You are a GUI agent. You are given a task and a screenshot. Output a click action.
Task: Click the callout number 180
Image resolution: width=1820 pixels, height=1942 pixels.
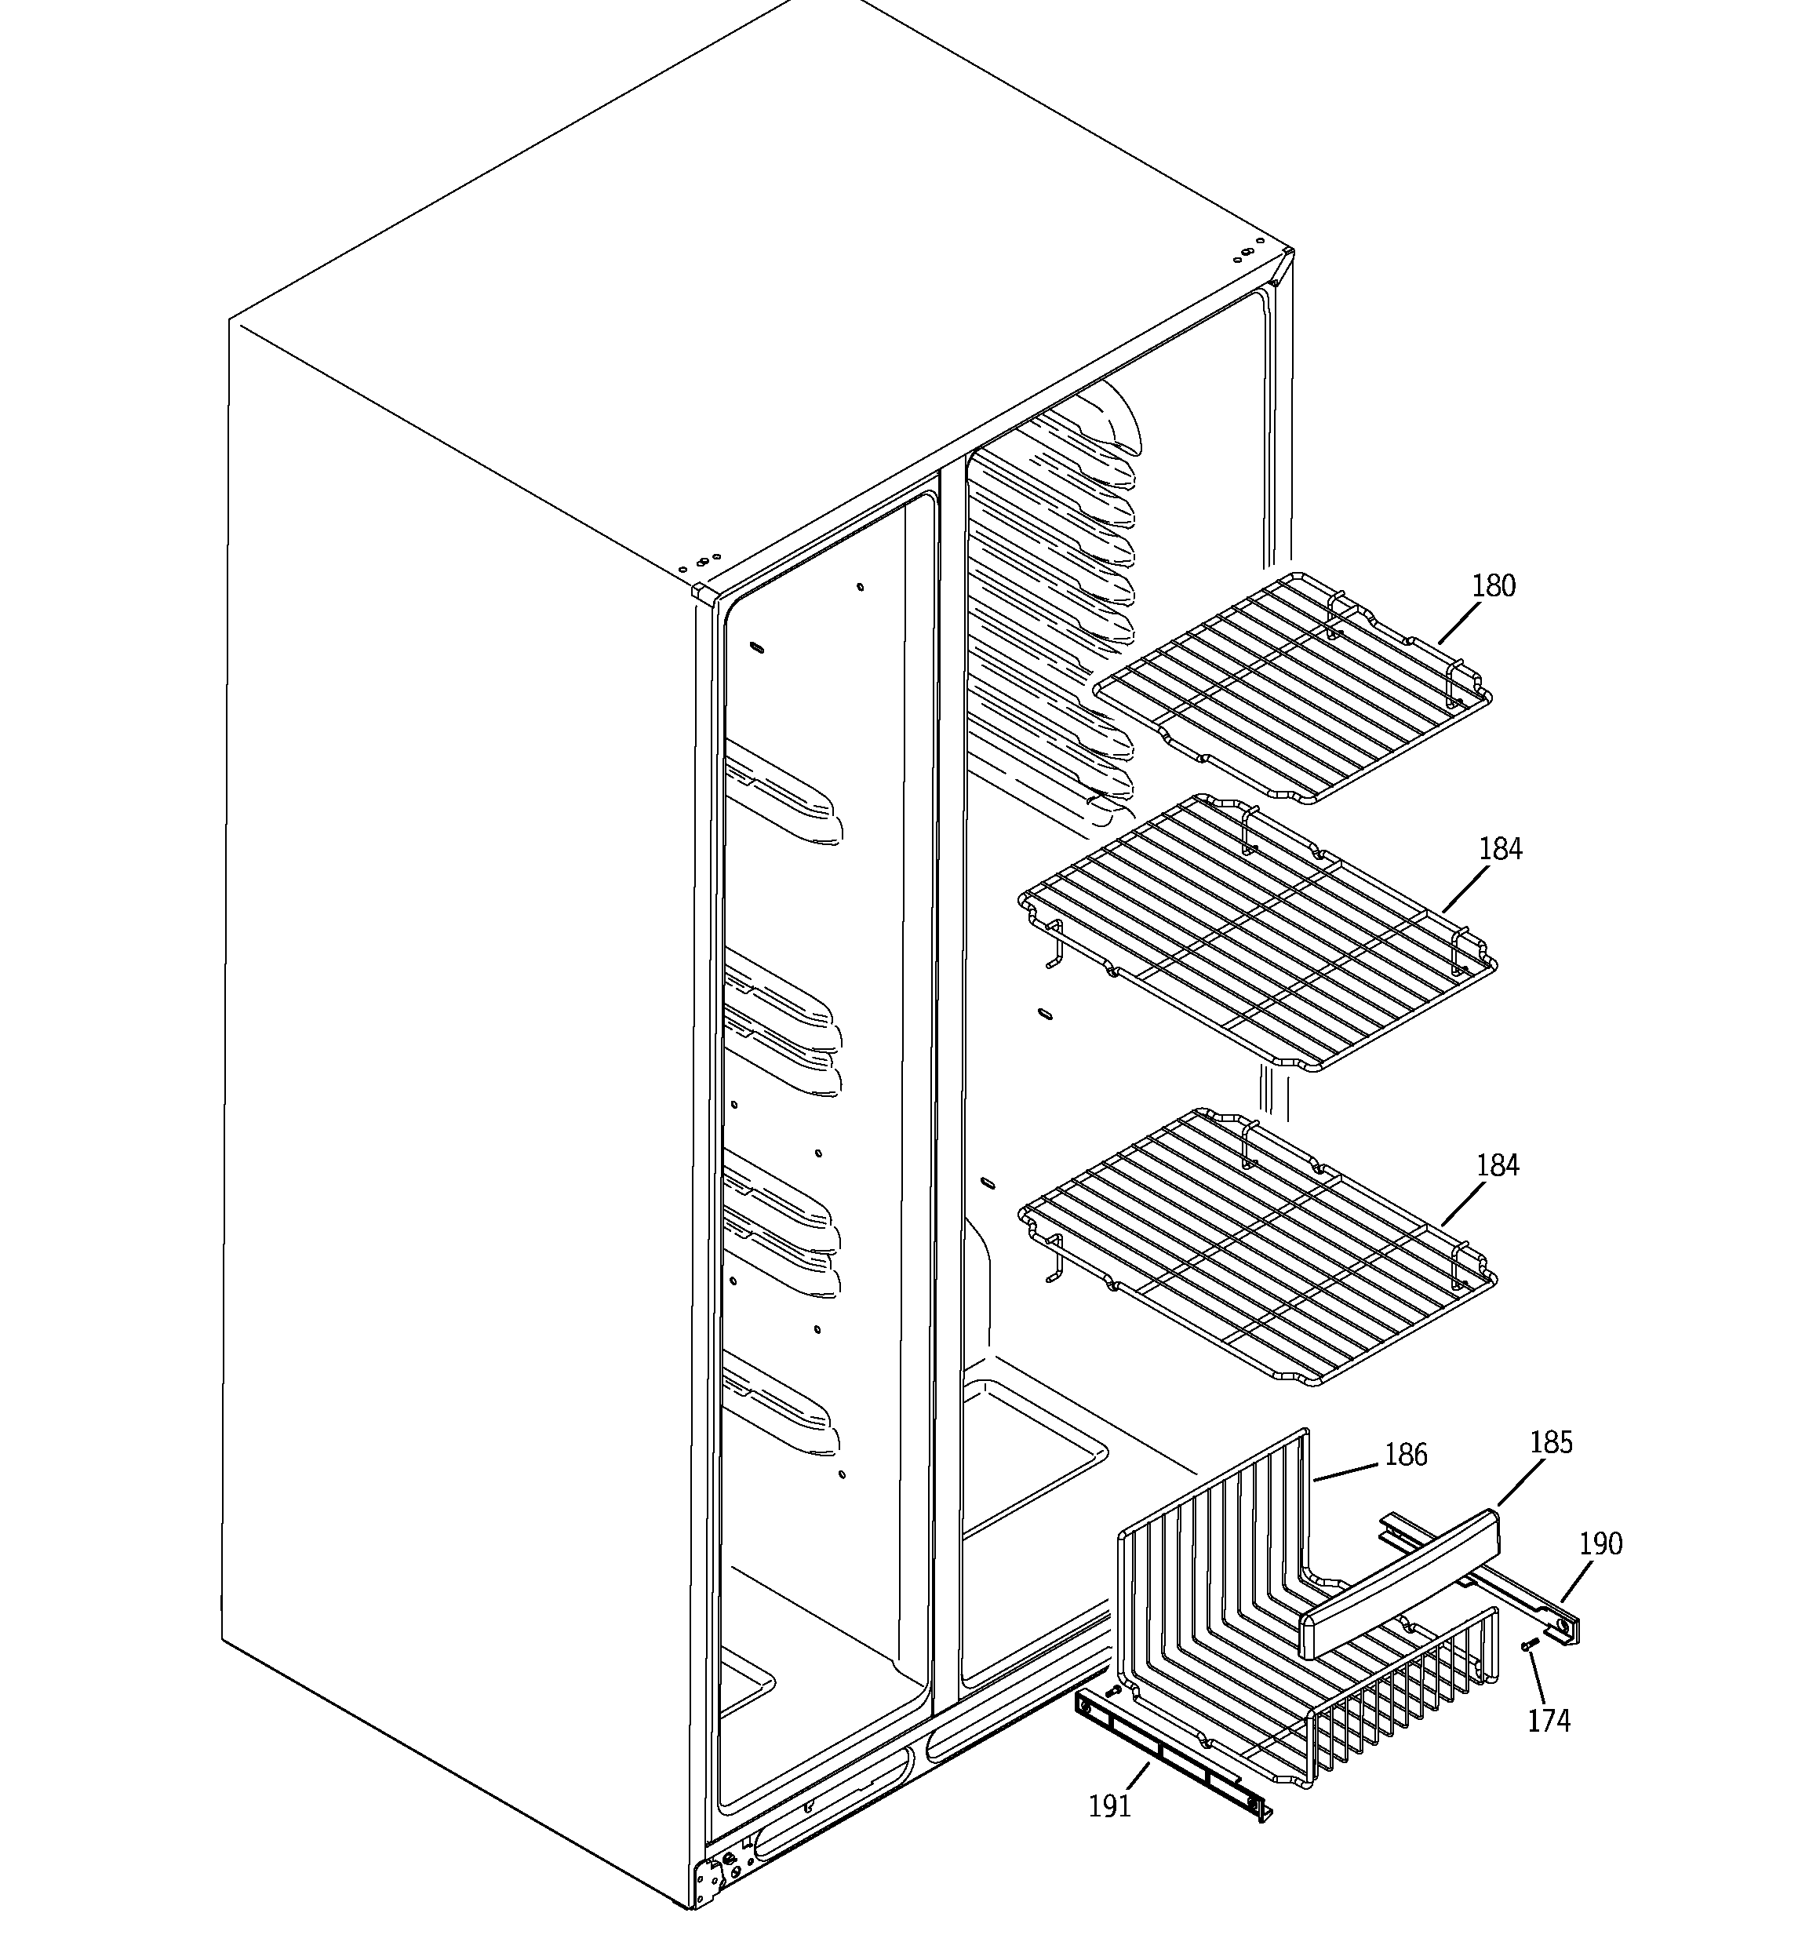1493,586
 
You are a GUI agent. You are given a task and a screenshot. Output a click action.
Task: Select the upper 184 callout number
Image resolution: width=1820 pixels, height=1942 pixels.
1500,849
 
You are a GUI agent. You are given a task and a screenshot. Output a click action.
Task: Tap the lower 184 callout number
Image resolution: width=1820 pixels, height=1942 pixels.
1498,1165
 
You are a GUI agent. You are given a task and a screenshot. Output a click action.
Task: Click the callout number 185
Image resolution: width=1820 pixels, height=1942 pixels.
1550,1442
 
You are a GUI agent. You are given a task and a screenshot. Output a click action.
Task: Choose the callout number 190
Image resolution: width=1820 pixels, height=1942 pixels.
1600,1543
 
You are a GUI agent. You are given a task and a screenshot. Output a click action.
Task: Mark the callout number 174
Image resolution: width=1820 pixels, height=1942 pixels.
1549,1720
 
